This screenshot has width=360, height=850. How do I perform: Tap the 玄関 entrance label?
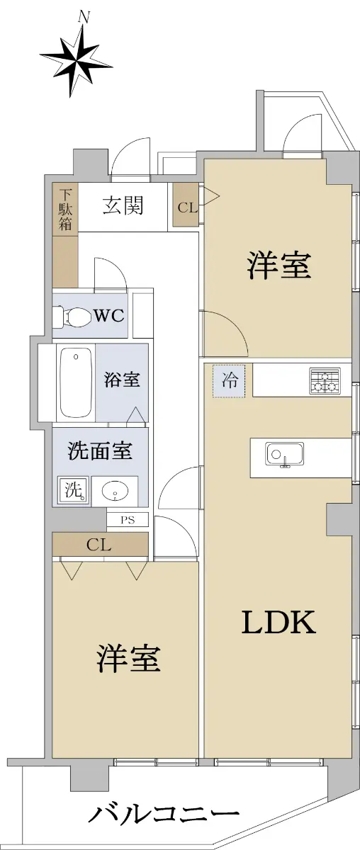[123, 206]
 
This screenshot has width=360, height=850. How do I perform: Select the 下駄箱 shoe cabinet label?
[65, 210]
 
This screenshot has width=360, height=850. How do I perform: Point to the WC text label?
[109, 315]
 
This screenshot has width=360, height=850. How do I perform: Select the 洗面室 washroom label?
[100, 450]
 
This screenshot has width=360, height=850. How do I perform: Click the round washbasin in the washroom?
[115, 492]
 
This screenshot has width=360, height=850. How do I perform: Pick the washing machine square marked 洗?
[74, 490]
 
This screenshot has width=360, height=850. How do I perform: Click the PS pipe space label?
[128, 519]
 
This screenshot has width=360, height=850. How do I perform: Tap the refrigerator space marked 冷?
[229, 380]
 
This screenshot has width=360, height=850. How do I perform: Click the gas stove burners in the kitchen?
[325, 381]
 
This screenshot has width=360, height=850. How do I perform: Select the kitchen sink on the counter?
[285, 454]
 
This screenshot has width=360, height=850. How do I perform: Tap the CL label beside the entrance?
[188, 208]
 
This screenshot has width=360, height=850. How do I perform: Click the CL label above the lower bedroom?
[99, 545]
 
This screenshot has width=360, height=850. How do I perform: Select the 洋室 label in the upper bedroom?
[279, 265]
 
